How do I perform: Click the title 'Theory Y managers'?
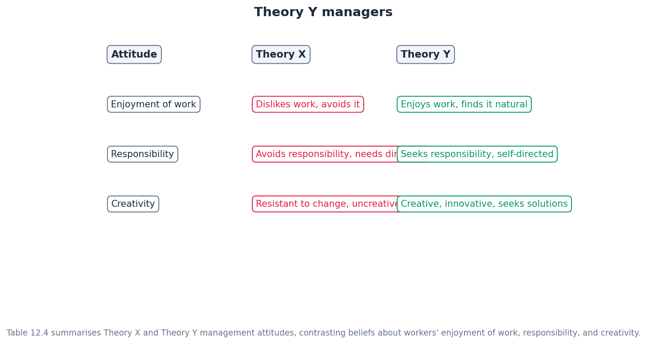(x=323, y=12)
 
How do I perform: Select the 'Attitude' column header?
(x=134, y=55)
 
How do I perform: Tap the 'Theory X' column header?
(x=281, y=55)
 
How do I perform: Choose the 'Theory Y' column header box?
(x=425, y=55)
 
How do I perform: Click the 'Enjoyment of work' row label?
(x=153, y=104)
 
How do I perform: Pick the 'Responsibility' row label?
(x=142, y=154)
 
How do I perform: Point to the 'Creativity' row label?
(x=133, y=204)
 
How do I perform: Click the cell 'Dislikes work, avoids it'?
(x=307, y=104)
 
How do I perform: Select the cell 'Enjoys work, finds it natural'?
(x=464, y=104)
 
